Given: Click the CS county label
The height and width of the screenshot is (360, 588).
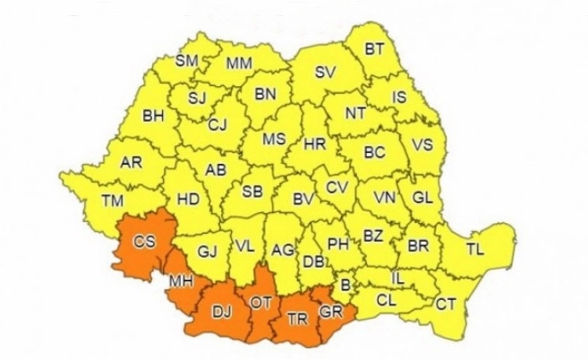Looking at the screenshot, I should coord(143,241).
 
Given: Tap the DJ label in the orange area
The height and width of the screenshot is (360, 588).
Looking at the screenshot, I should coord(219,313).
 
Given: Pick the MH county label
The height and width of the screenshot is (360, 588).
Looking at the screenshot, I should coord(178,282).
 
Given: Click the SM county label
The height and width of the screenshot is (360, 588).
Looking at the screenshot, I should coord(186,61).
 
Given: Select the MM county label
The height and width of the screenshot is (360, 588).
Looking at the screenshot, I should coord(238,64).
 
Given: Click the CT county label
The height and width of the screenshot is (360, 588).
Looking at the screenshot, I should coord(445,304).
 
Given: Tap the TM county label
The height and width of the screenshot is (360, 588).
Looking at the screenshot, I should coord(113,201).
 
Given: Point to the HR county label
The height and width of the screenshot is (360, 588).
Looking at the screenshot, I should coord(313,143).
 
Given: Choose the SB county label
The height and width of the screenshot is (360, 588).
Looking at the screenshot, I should coord(253,190).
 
